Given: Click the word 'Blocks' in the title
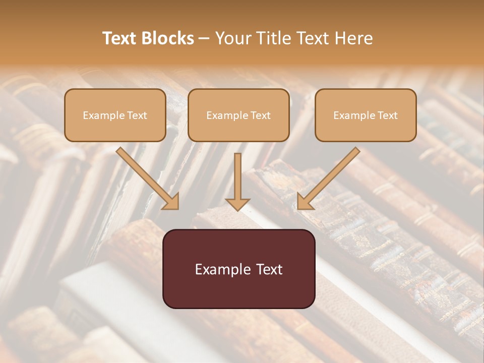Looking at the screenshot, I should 167,38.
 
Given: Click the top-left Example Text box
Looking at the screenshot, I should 115,115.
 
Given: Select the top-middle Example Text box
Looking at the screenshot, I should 238,115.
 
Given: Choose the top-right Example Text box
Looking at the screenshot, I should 366,115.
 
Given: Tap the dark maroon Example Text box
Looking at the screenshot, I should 238,269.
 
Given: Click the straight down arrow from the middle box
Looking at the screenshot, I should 237,176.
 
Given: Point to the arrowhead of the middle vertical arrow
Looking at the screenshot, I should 237,204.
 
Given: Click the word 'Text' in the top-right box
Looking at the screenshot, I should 387,115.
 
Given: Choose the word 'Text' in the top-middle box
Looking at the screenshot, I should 260,115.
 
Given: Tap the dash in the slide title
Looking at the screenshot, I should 204,39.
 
